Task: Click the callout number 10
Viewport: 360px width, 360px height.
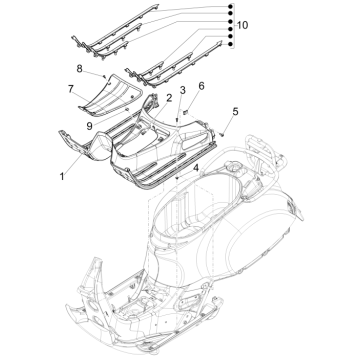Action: pos(242,22)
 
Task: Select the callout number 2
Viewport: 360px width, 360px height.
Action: pos(169,98)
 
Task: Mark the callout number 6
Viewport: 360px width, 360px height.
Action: pos(201,87)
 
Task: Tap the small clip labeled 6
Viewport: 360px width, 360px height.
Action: pos(199,98)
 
